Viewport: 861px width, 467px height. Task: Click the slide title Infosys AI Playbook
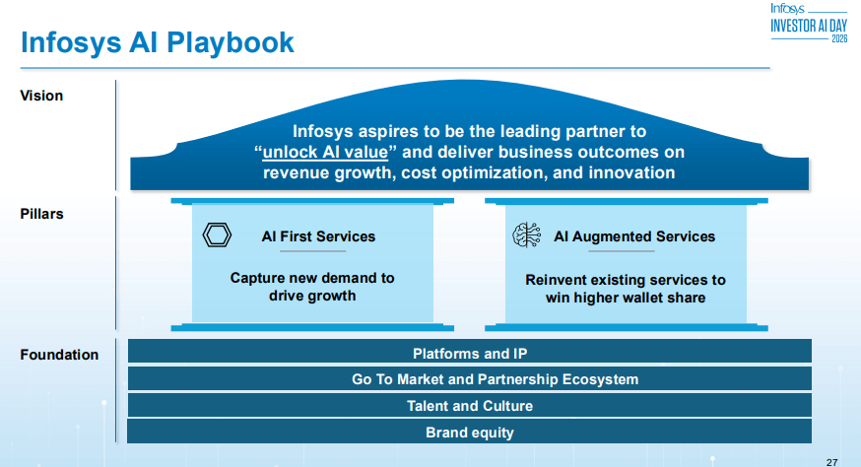[158, 42]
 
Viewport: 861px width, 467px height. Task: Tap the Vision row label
[41, 96]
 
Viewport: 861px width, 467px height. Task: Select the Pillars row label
[42, 213]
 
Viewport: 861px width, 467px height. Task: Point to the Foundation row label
[59, 355]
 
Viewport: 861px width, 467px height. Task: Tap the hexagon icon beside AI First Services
[216, 235]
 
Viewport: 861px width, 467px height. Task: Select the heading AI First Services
[318, 236]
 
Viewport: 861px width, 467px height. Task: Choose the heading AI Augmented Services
[634, 236]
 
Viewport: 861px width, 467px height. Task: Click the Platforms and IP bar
[470, 353]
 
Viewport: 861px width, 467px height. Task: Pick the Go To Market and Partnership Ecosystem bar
[470, 379]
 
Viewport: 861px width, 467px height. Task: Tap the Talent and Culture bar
[470, 406]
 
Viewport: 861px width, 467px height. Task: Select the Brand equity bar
[470, 433]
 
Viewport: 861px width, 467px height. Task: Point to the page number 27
[830, 460]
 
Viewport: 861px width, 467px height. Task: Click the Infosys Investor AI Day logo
[808, 22]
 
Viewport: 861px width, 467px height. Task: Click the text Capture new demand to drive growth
[312, 287]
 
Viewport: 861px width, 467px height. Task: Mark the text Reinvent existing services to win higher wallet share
[626, 289]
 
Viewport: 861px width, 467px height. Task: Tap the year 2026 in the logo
[838, 38]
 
